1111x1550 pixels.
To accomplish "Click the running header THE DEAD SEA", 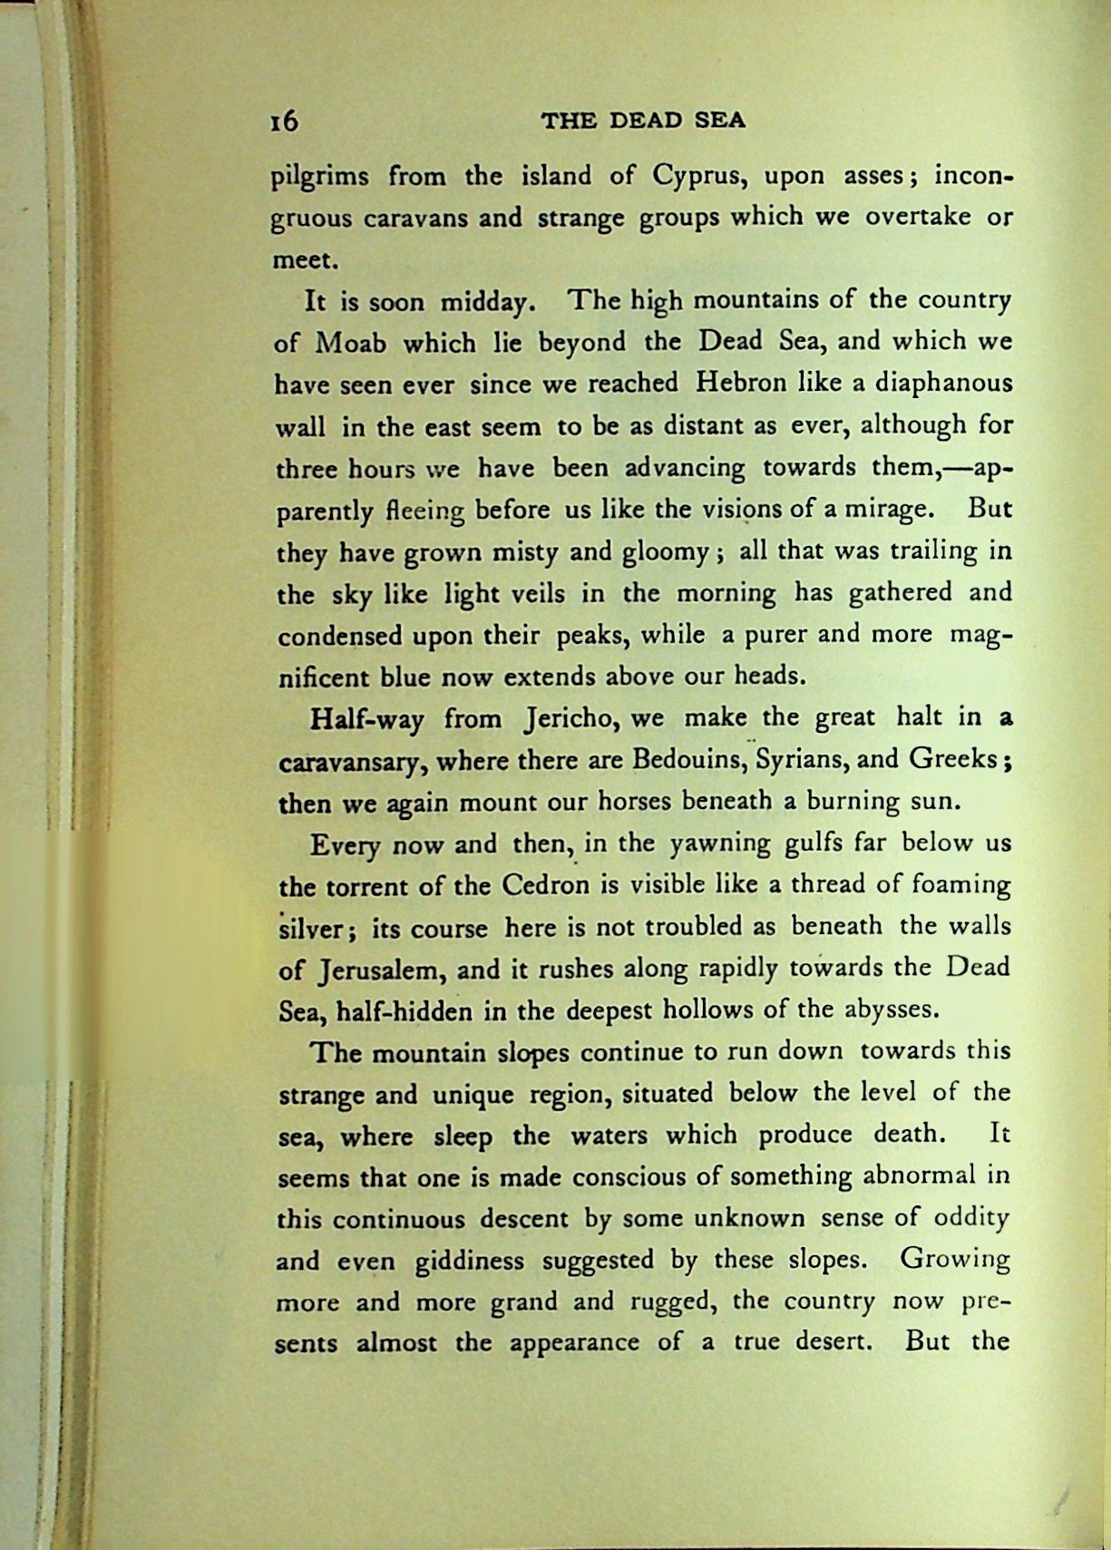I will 643,121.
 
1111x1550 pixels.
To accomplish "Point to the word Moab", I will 351,344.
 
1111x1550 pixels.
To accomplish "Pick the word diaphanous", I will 943,384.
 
